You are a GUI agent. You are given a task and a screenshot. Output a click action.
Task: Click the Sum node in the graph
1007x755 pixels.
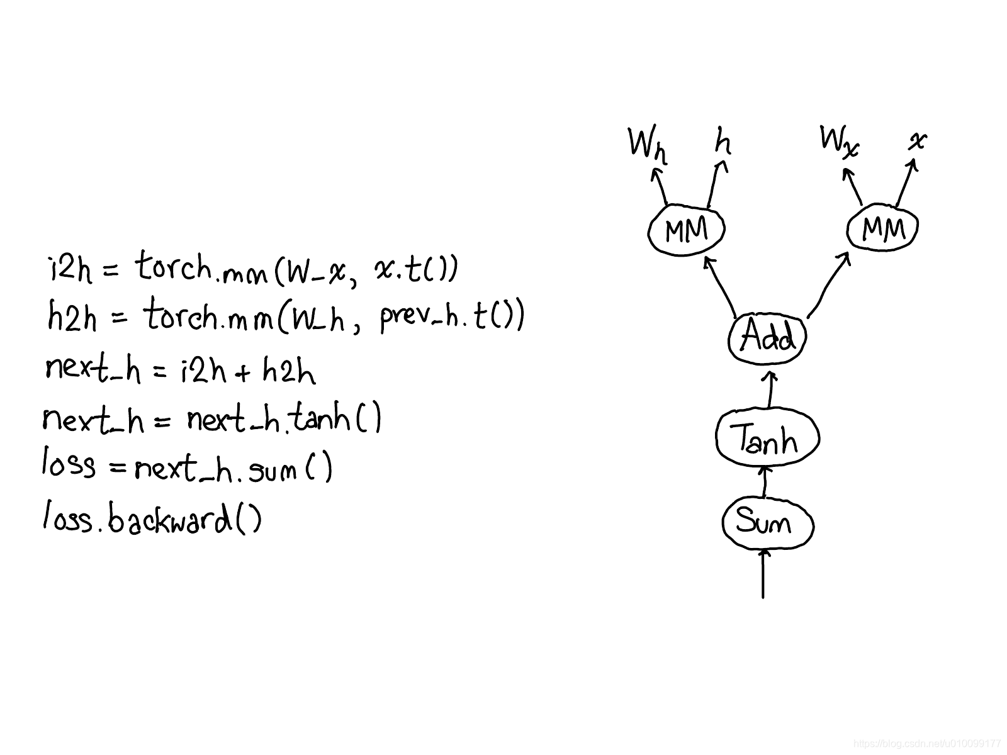pyautogui.click(x=767, y=523)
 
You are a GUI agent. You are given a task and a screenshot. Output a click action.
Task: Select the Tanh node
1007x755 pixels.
pyautogui.click(x=767, y=439)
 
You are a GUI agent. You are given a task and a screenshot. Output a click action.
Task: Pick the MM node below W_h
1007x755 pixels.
pyautogui.click(x=687, y=230)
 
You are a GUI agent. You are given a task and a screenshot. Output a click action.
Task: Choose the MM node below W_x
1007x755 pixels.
pyautogui.click(x=882, y=230)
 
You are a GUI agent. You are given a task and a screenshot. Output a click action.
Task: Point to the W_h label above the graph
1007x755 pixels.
pyautogui.click(x=647, y=144)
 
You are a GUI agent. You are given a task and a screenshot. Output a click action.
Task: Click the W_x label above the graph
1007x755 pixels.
pyautogui.click(x=839, y=140)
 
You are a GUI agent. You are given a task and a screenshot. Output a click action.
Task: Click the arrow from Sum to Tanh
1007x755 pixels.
pyautogui.click(x=765, y=481)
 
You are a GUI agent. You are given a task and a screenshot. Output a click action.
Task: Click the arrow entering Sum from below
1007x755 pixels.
pyautogui.click(x=763, y=574)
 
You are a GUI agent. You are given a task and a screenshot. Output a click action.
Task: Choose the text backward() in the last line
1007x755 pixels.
pyautogui.click(x=185, y=520)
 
